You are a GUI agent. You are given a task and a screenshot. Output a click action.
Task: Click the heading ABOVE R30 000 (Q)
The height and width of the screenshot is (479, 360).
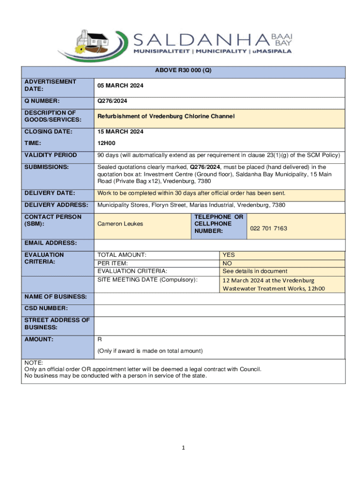click(x=183, y=71)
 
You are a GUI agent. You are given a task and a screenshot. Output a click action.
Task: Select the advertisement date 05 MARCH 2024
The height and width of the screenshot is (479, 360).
click(x=120, y=86)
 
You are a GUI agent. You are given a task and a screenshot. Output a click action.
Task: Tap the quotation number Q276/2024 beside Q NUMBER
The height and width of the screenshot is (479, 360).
click(x=112, y=101)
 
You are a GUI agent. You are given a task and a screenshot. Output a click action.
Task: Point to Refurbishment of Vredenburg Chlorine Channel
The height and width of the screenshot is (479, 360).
click(x=166, y=116)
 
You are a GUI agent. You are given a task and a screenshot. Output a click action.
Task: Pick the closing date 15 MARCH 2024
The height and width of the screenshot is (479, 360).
click(x=120, y=132)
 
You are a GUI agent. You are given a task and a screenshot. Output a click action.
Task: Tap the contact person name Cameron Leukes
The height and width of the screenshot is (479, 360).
click(x=120, y=224)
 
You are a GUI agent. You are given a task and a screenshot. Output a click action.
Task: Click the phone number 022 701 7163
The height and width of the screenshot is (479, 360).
click(x=268, y=229)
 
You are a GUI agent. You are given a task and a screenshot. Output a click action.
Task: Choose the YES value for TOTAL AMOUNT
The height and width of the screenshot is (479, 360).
click(x=229, y=255)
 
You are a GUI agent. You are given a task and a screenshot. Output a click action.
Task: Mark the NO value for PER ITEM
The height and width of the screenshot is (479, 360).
click(x=227, y=263)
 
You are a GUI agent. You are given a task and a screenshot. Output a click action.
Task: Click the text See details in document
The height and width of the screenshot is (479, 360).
click(x=255, y=271)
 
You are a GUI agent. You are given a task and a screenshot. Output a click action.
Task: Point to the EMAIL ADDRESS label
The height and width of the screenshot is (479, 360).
click(x=50, y=244)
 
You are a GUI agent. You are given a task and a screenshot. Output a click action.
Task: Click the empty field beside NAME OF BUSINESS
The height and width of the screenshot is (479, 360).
click(x=220, y=297)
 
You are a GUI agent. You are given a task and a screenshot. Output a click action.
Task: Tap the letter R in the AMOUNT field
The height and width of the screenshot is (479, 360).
click(x=99, y=339)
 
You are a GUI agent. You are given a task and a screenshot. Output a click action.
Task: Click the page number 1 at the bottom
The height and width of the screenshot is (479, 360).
click(x=184, y=448)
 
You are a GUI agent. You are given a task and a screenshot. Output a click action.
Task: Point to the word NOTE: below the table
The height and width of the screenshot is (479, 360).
click(x=34, y=363)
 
